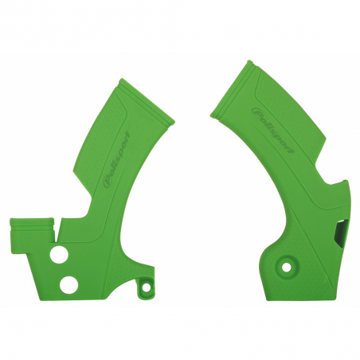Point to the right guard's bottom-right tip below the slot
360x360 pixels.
(x=335, y=253)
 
